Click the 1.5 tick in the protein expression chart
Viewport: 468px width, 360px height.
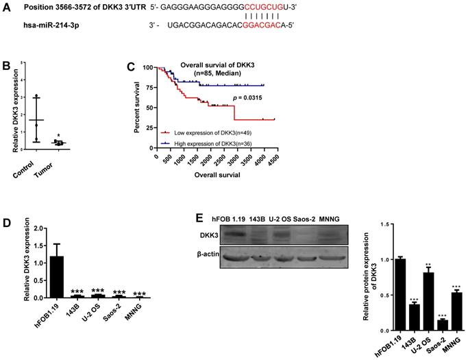point(386,224)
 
